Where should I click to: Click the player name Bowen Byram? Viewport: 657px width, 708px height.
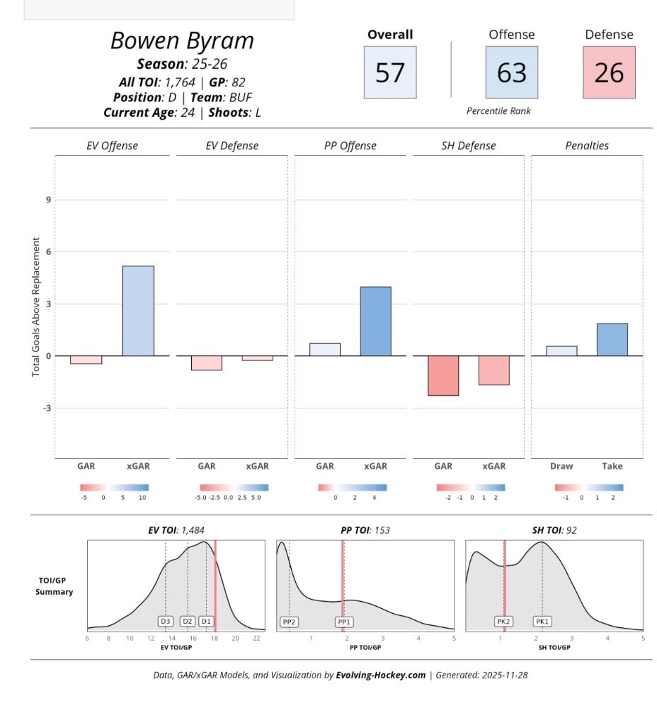pyautogui.click(x=182, y=40)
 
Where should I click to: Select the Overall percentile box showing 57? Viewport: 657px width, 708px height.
pyautogui.click(x=390, y=72)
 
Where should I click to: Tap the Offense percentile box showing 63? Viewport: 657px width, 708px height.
pyautogui.click(x=511, y=72)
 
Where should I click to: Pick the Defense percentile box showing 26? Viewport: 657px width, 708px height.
pyautogui.click(x=609, y=72)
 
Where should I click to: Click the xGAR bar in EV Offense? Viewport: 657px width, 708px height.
pyautogui.click(x=138, y=311)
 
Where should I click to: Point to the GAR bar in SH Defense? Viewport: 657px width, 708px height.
pyautogui.click(x=443, y=375)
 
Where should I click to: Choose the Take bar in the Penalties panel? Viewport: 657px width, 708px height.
pyautogui.click(x=612, y=340)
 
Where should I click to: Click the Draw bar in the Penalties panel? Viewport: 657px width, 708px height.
pyautogui.click(x=561, y=351)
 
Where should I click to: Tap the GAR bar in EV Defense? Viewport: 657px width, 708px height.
pyautogui.click(x=207, y=362)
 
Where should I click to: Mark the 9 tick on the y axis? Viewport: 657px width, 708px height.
pyautogui.click(x=49, y=200)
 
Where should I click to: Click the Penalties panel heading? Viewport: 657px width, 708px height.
pyautogui.click(x=587, y=146)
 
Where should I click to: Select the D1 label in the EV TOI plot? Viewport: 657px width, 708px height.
pyautogui.click(x=206, y=622)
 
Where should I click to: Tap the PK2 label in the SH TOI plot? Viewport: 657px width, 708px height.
pyautogui.click(x=503, y=622)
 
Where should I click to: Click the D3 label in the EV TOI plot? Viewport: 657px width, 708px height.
pyautogui.click(x=166, y=622)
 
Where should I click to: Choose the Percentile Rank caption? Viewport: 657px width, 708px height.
pyautogui.click(x=498, y=111)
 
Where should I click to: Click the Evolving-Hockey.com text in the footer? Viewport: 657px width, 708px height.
pyautogui.click(x=381, y=675)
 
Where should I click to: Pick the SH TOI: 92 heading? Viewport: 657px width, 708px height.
pyautogui.click(x=554, y=530)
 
